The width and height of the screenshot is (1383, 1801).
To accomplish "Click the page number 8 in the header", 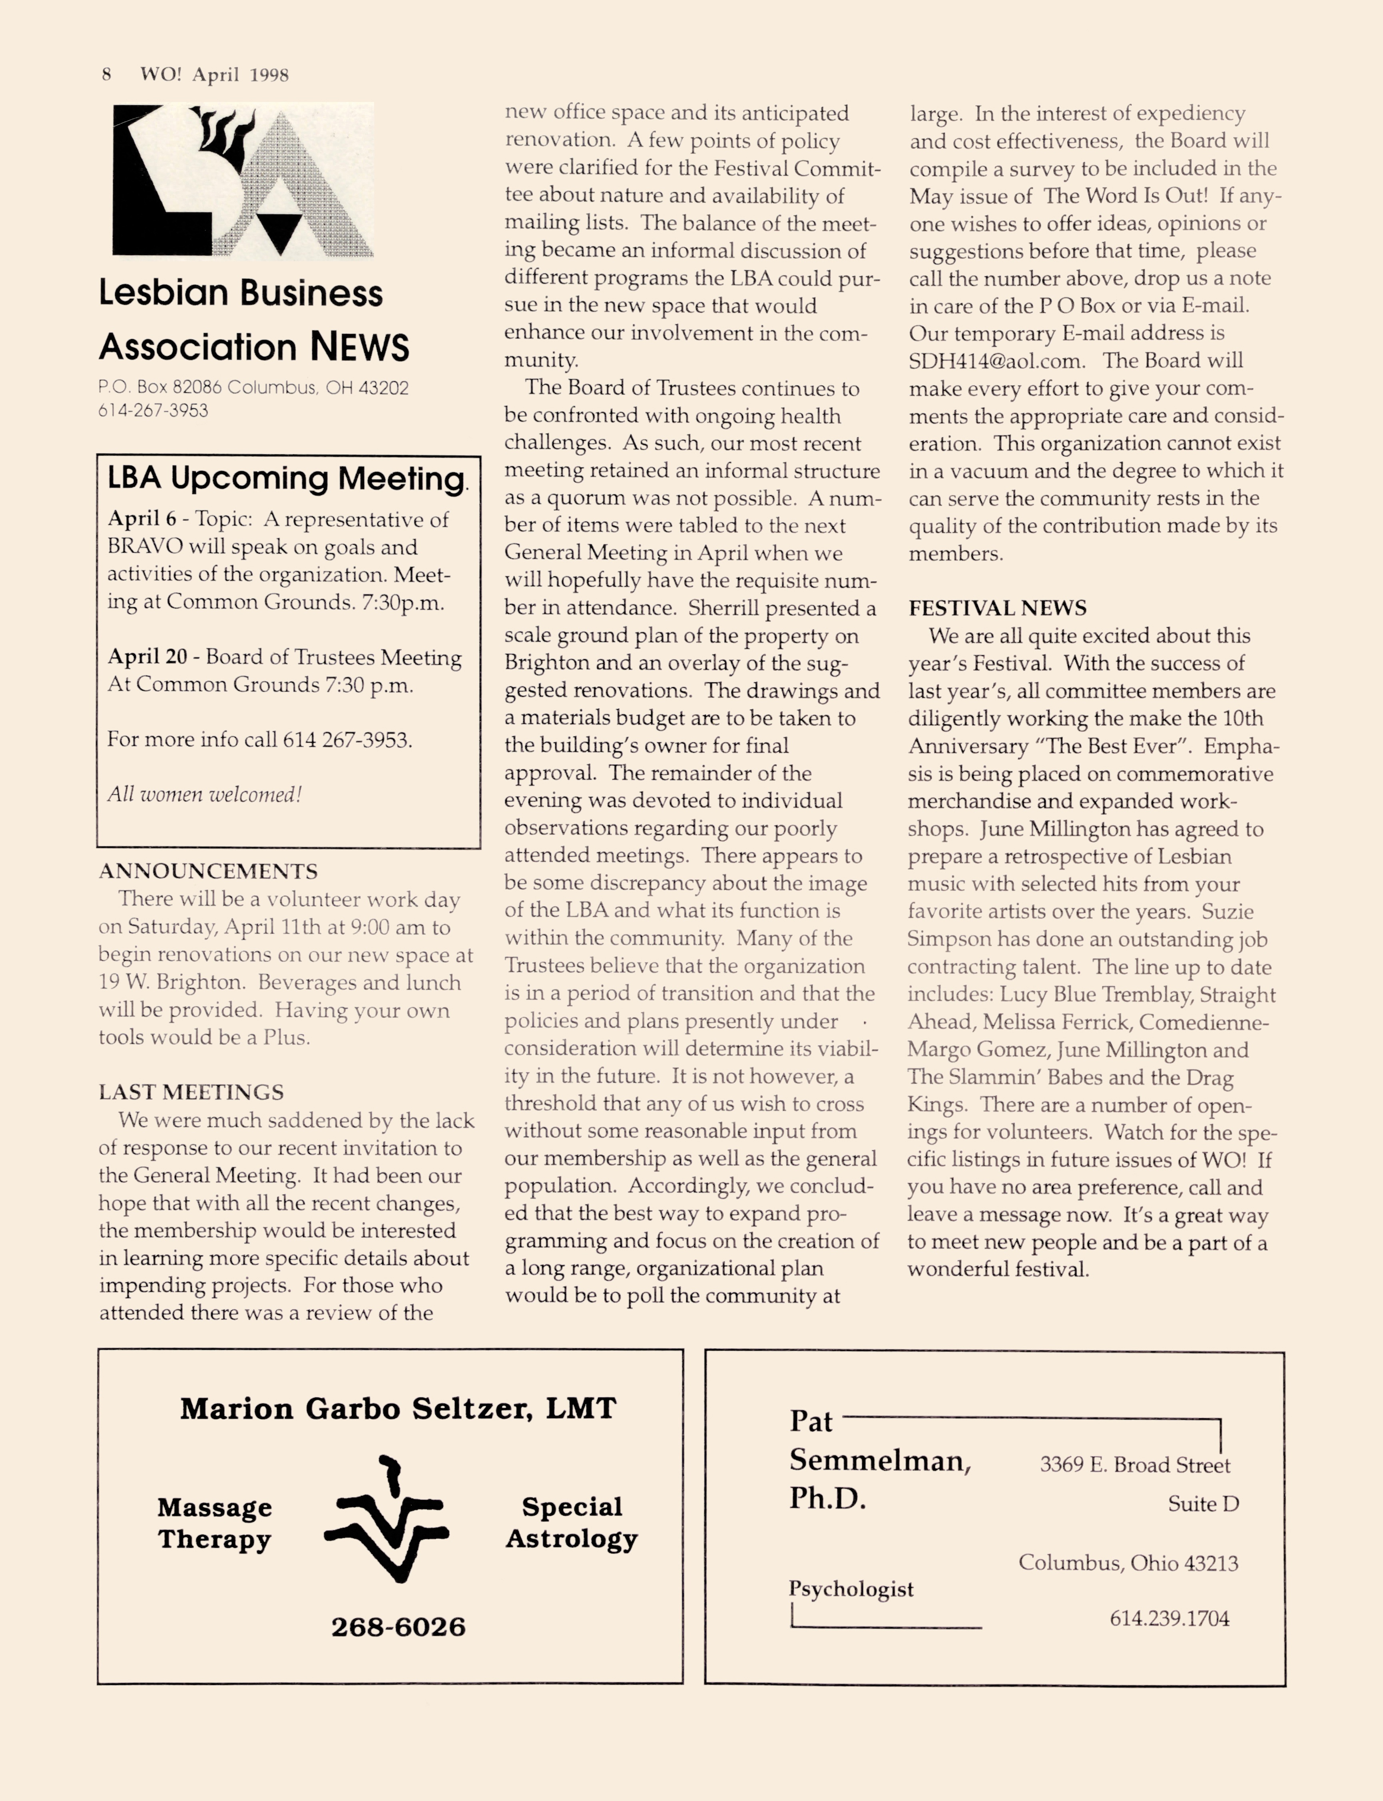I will pyautogui.click(x=106, y=75).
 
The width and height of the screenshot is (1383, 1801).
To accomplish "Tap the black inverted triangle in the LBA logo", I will pyautogui.click(x=280, y=233).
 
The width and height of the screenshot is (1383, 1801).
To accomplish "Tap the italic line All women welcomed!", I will pyautogui.click(x=204, y=795).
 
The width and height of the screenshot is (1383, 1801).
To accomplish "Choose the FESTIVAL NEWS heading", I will pyautogui.click(x=997, y=609).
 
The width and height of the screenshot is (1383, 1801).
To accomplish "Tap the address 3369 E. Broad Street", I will pyautogui.click(x=1134, y=1465).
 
